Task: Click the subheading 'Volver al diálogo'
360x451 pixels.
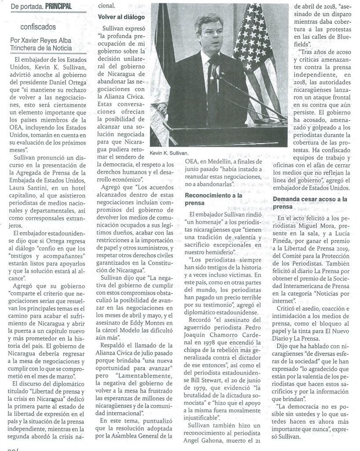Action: click(121, 17)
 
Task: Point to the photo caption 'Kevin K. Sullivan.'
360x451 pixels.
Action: click(169, 152)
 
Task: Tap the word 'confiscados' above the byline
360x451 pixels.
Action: click(29, 26)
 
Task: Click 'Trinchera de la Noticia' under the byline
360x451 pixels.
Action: click(42, 48)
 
